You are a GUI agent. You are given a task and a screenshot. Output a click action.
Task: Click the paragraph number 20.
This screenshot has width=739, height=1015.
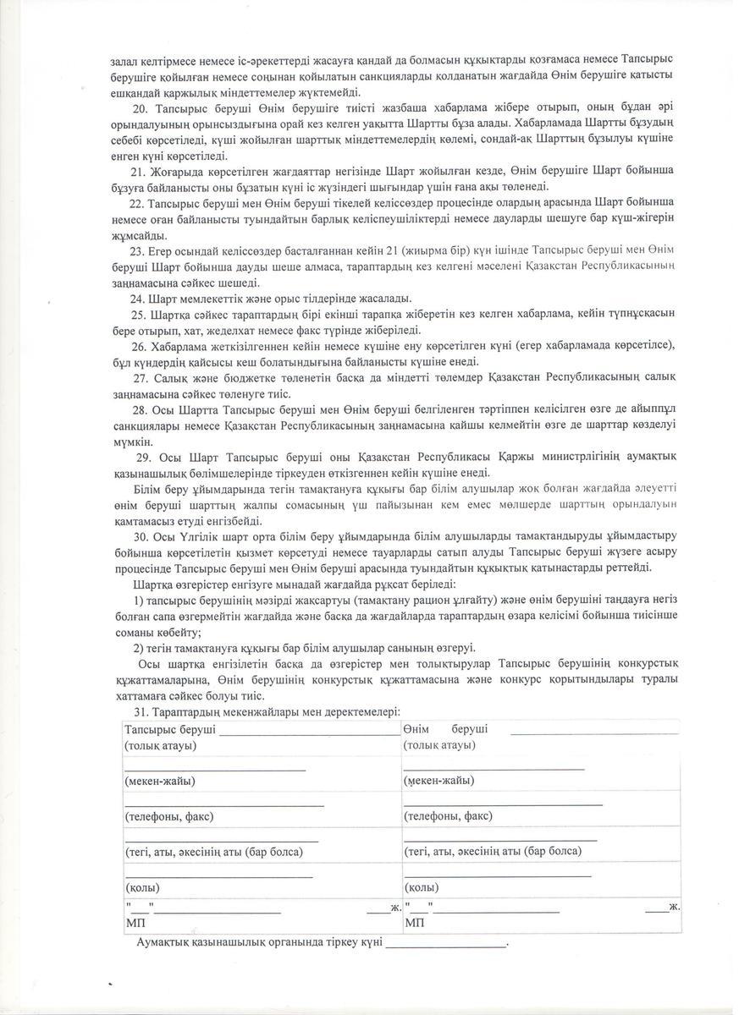click(141, 109)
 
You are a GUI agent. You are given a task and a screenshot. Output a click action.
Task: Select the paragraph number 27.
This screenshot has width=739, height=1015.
click(141, 378)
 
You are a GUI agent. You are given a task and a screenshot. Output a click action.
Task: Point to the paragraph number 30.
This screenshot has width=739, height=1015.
click(141, 536)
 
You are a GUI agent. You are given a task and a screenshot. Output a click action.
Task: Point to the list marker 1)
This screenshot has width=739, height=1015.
click(140, 600)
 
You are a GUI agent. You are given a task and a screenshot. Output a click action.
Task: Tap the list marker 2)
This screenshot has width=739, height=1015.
click(140, 648)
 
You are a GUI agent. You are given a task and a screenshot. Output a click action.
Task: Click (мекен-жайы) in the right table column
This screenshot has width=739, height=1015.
click(438, 781)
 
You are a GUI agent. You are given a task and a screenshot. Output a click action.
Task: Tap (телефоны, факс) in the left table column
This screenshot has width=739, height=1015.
click(168, 816)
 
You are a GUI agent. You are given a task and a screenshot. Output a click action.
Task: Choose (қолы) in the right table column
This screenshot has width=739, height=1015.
click(421, 888)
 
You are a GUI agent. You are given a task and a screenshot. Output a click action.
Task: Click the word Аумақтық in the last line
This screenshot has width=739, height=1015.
click(166, 942)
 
